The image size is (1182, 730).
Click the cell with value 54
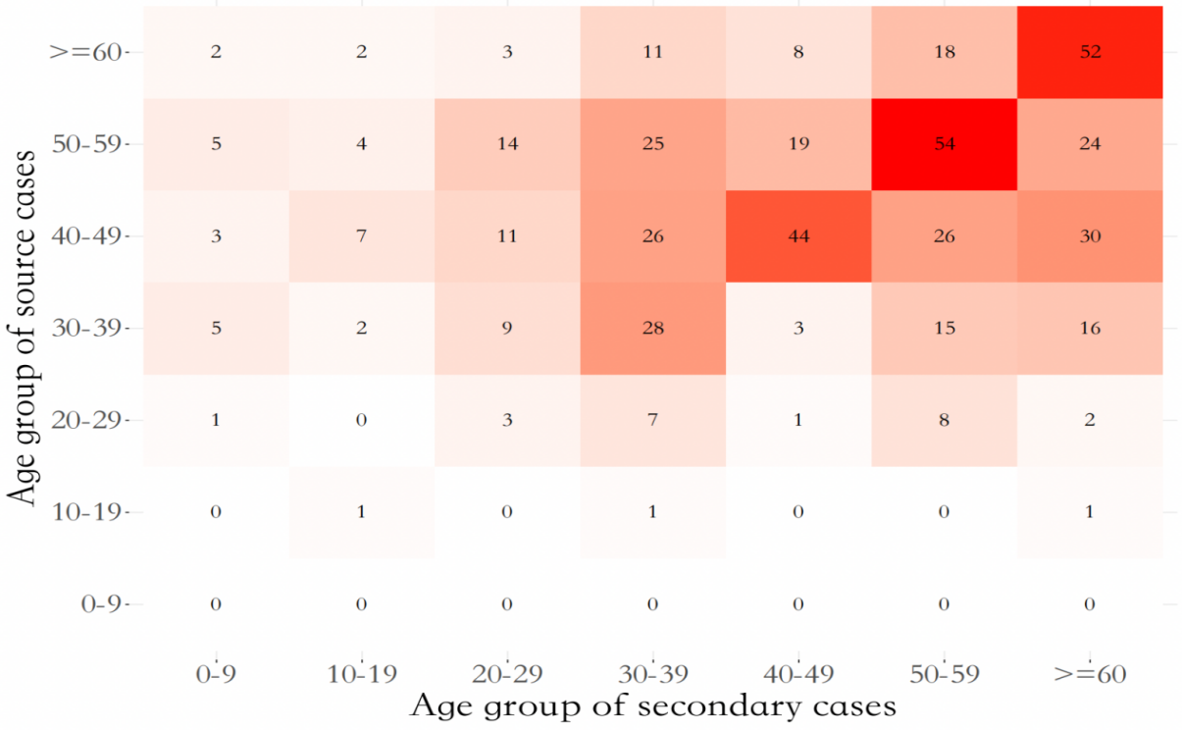click(x=944, y=144)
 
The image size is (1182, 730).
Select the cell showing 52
click(x=1090, y=52)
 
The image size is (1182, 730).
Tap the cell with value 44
click(x=798, y=236)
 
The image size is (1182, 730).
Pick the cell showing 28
click(x=652, y=328)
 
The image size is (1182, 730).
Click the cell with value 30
click(x=1090, y=236)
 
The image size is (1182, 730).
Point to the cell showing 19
click(x=798, y=144)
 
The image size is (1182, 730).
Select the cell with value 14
click(x=507, y=144)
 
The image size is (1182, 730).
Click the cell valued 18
click(x=944, y=52)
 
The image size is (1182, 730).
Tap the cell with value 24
click(x=1090, y=144)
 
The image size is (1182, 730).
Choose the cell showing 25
click(x=652, y=144)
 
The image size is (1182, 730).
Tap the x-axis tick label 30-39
click(x=652, y=674)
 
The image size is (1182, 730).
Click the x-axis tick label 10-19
click(x=361, y=674)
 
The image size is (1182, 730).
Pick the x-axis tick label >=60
click(x=1090, y=674)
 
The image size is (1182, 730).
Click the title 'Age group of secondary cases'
click(x=652, y=706)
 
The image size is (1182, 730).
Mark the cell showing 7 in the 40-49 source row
click(x=361, y=236)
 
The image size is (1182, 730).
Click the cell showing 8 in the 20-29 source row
click(x=944, y=420)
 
